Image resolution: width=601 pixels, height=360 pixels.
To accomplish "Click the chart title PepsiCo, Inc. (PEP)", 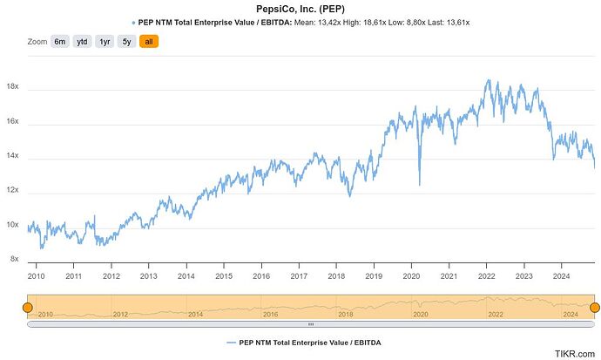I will (299, 8).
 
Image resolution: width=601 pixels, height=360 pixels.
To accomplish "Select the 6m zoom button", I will (59, 42).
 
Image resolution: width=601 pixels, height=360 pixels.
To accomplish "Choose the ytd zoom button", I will (82, 42).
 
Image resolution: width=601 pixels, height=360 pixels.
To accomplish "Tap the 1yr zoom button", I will (105, 42).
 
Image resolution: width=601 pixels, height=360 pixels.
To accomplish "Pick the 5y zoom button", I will (127, 42).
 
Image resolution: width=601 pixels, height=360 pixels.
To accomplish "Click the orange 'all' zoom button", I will (149, 42).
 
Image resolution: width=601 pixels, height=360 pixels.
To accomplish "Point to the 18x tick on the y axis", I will (12, 88).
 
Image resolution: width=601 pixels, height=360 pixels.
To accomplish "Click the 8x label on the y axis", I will (14, 259).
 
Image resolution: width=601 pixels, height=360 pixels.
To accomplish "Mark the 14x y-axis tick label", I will (12, 157).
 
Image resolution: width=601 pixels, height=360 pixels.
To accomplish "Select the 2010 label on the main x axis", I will (37, 276).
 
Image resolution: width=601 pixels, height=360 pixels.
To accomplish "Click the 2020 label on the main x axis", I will (411, 276).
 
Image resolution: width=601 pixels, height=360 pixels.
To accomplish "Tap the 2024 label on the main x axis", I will (561, 276).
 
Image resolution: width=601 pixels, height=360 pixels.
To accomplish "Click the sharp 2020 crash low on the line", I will (419, 184).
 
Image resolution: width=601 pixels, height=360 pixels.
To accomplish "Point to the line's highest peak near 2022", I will (488, 80).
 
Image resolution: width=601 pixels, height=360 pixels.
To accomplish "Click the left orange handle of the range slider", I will (28, 308).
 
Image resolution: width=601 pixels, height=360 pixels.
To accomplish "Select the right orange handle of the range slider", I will (595, 308).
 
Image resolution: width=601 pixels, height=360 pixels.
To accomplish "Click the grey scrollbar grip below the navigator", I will (311, 324).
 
